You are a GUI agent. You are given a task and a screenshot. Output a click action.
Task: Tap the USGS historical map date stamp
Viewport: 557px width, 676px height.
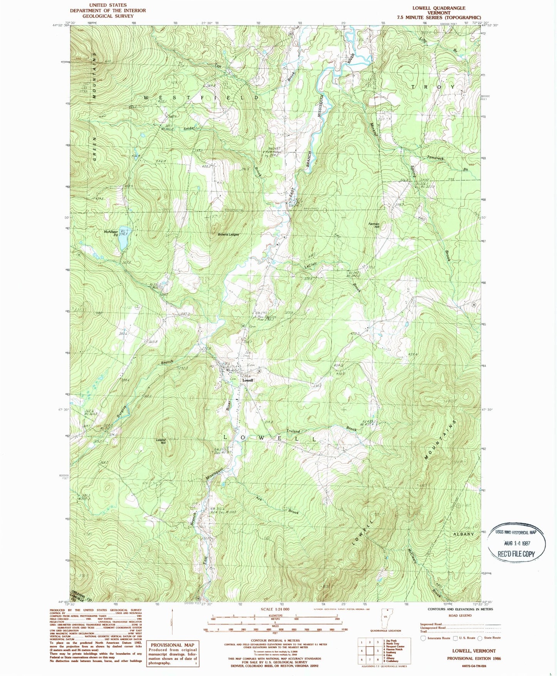(x=517, y=543)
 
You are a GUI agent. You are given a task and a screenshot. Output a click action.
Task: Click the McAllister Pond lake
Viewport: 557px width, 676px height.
(x=123, y=243)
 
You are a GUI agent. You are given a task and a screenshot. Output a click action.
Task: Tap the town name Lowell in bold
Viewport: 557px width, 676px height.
(x=248, y=380)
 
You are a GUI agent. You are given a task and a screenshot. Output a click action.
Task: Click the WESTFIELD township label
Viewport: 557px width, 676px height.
(x=202, y=98)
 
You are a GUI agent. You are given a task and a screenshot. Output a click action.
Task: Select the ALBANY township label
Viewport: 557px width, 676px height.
(x=463, y=534)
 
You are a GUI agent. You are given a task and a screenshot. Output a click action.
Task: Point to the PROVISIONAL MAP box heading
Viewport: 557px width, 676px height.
(x=172, y=645)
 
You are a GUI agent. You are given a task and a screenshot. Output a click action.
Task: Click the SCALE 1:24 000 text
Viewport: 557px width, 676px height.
(x=275, y=609)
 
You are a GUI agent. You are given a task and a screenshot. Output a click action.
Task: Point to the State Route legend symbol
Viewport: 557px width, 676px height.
(x=480, y=638)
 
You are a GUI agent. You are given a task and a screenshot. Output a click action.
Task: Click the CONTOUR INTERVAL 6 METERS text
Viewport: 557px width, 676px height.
(x=275, y=641)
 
